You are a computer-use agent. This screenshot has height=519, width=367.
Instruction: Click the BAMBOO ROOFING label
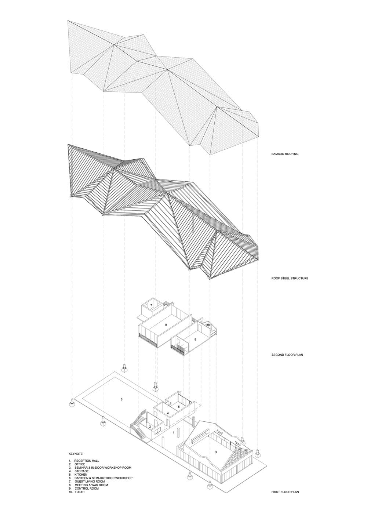[285, 154]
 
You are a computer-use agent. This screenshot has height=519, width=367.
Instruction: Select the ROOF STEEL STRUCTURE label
[290, 278]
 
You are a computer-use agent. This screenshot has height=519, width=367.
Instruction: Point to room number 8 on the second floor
[166, 324]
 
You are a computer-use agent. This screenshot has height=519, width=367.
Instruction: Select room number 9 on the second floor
[195, 339]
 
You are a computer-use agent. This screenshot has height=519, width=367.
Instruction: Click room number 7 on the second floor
[151, 305]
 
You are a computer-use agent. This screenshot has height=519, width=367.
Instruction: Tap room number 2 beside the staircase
[150, 427]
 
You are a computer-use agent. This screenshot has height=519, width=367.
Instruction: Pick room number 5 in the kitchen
[179, 406]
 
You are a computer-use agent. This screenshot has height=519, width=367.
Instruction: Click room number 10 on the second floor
[208, 325]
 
